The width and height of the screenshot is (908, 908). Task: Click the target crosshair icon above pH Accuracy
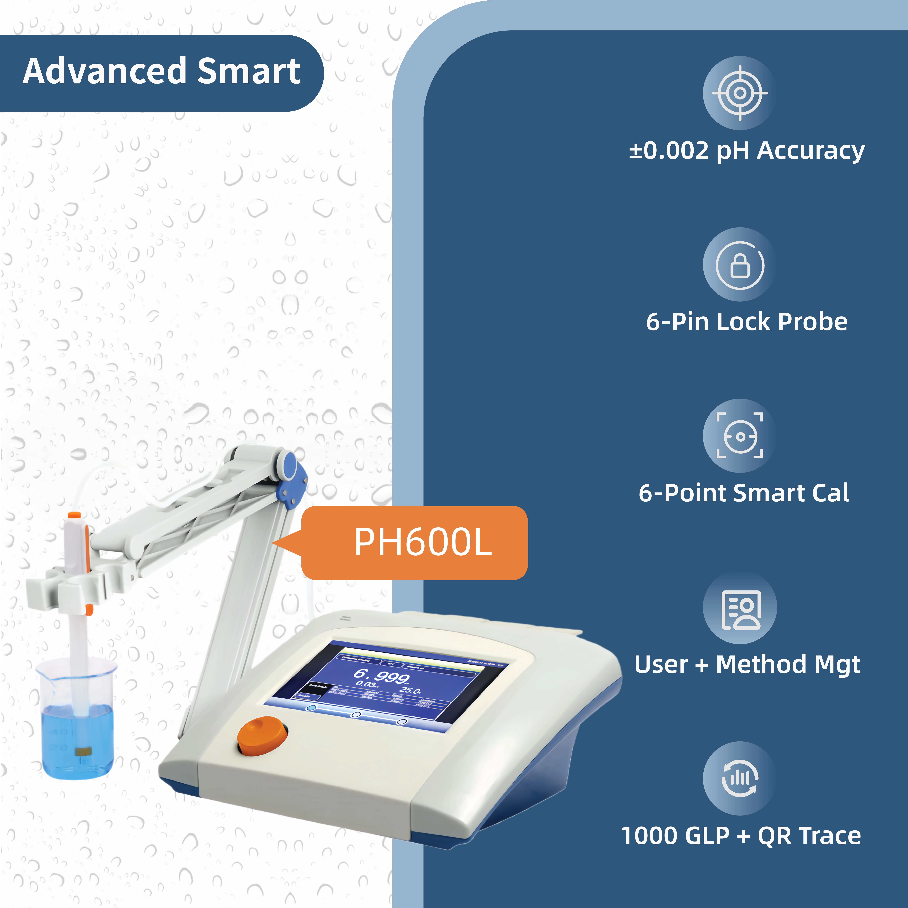(x=740, y=93)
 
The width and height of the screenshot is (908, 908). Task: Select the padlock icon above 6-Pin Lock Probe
(x=740, y=265)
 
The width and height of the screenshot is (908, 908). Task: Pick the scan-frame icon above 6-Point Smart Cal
(x=740, y=436)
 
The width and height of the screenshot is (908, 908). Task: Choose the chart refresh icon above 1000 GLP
(x=740, y=779)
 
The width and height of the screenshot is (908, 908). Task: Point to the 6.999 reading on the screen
(x=381, y=676)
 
